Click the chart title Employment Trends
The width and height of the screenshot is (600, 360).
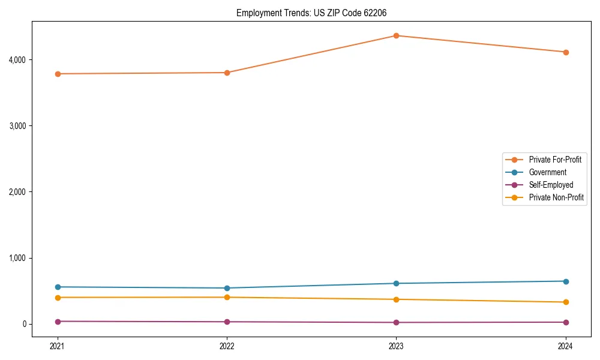[315, 13]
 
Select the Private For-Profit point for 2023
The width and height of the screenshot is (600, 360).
[396, 35]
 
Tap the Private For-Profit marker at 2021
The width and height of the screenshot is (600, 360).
[58, 74]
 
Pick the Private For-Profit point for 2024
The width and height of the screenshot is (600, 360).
[566, 52]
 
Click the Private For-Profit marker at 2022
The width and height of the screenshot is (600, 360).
[227, 73]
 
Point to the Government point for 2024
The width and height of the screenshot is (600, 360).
[566, 281]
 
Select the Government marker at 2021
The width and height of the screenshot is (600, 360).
[58, 287]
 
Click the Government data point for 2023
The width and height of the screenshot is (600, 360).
[396, 283]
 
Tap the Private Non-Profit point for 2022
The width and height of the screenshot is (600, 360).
[227, 297]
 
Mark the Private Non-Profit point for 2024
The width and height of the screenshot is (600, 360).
[566, 302]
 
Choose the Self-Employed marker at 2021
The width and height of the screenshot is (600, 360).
[58, 322]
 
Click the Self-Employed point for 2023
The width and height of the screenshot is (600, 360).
[396, 322]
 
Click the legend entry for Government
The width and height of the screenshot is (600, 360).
[547, 172]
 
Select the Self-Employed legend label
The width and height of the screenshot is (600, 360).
[551, 185]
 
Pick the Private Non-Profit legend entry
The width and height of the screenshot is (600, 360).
[556, 197]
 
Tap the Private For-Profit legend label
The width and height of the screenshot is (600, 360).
[555, 160]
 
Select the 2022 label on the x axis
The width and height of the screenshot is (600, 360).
[227, 346]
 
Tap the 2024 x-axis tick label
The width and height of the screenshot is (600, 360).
[566, 346]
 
